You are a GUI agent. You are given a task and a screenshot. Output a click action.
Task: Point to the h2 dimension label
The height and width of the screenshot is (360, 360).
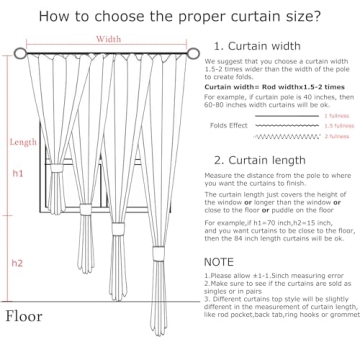pos(17,263)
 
